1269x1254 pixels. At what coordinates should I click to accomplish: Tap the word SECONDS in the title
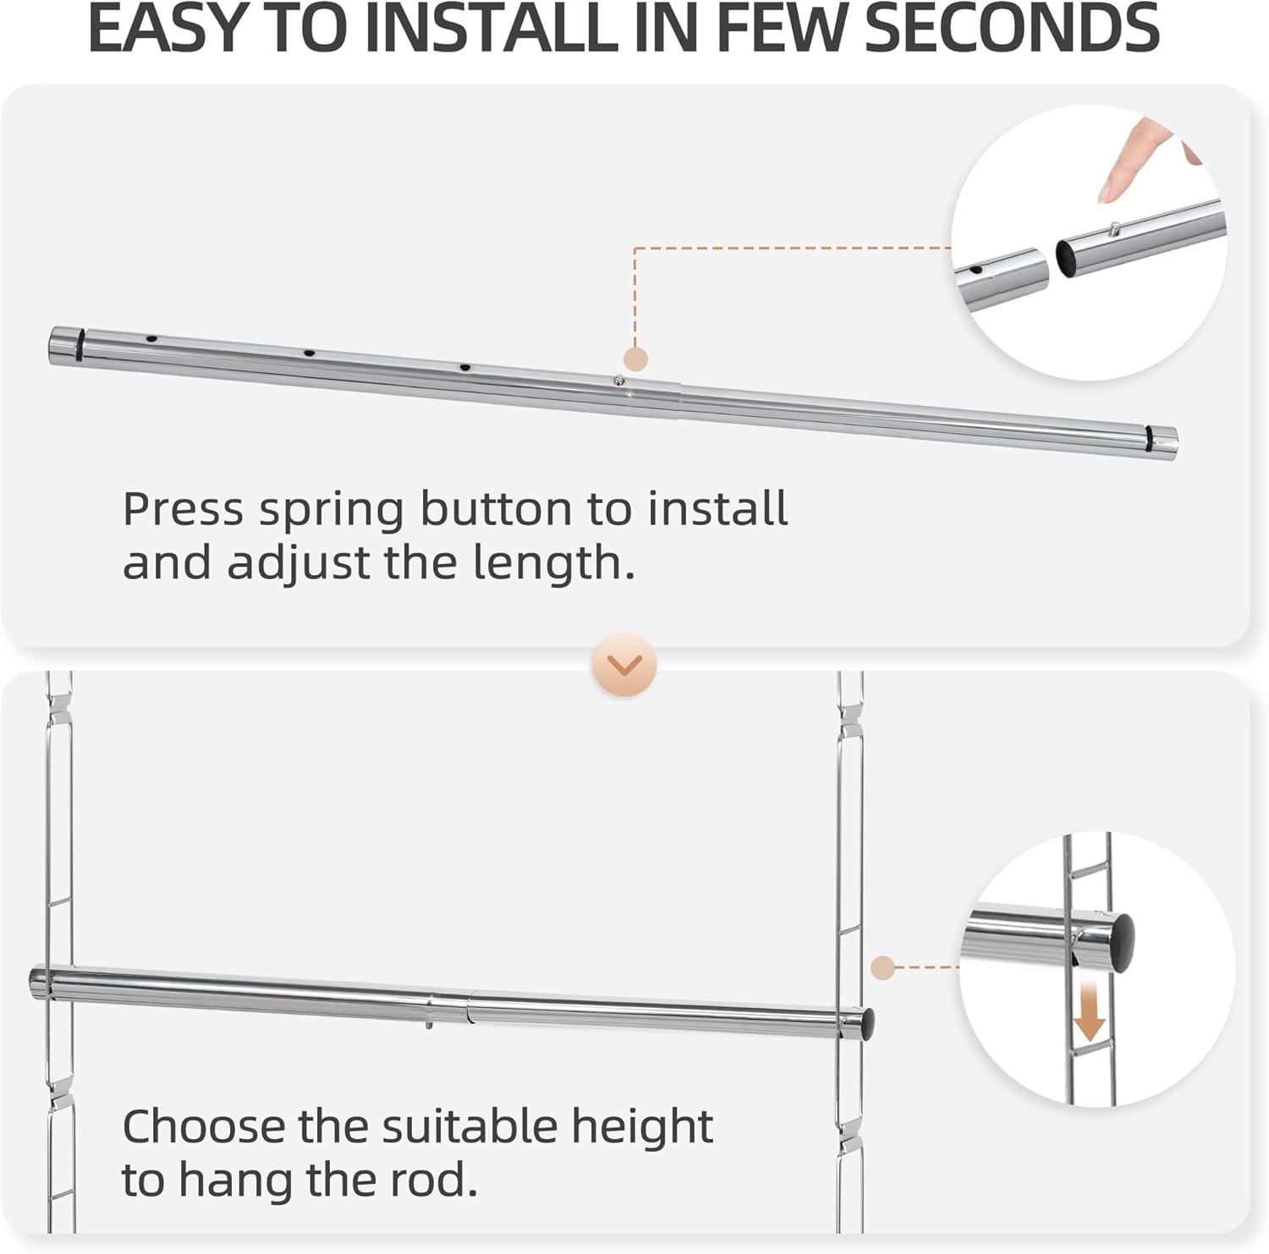point(1012,29)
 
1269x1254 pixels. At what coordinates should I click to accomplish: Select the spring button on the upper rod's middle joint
point(620,381)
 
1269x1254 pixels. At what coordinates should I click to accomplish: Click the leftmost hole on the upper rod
point(151,339)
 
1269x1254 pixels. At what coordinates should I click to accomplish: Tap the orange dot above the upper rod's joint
point(635,359)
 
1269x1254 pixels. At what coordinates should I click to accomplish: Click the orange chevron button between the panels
point(625,665)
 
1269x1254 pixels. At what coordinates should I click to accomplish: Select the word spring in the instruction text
point(331,510)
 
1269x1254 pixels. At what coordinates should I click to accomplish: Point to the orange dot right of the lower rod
point(882,967)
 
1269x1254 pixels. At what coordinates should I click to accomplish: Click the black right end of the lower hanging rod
point(867,1024)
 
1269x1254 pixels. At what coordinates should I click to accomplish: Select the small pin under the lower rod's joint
point(430,1025)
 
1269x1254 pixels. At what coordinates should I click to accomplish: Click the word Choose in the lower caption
point(204,1126)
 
